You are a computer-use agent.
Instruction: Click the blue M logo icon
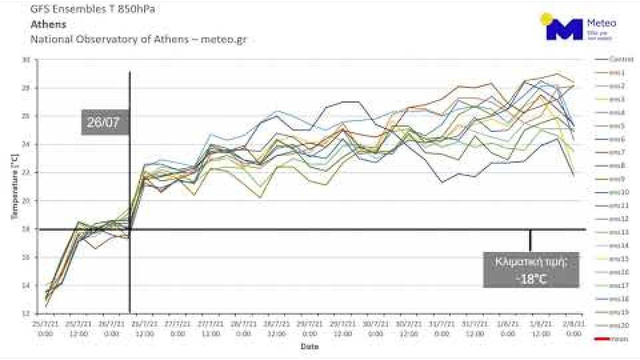[x=564, y=30]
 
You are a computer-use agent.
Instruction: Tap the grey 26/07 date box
[x=104, y=122]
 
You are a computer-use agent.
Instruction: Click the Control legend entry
[x=621, y=59]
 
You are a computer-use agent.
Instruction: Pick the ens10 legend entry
[x=618, y=192]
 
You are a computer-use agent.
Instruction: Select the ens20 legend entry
[x=618, y=326]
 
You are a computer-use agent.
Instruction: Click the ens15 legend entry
[x=618, y=259]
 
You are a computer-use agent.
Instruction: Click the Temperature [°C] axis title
[x=15, y=187]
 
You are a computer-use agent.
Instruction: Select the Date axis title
[x=309, y=346]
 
